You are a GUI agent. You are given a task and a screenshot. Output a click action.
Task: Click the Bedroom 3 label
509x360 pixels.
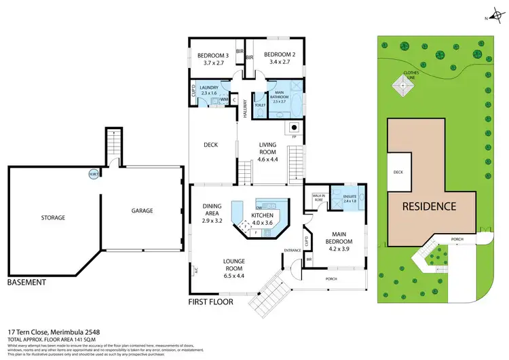coord(212,58)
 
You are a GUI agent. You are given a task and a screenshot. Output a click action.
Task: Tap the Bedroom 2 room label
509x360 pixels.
coord(278,58)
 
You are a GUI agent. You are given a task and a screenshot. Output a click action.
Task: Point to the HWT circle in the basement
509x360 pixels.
coord(93,174)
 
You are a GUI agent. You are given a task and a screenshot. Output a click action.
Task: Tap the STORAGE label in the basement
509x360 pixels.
coord(52,218)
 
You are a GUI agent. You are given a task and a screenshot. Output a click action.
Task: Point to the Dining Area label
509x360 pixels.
coord(212,214)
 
